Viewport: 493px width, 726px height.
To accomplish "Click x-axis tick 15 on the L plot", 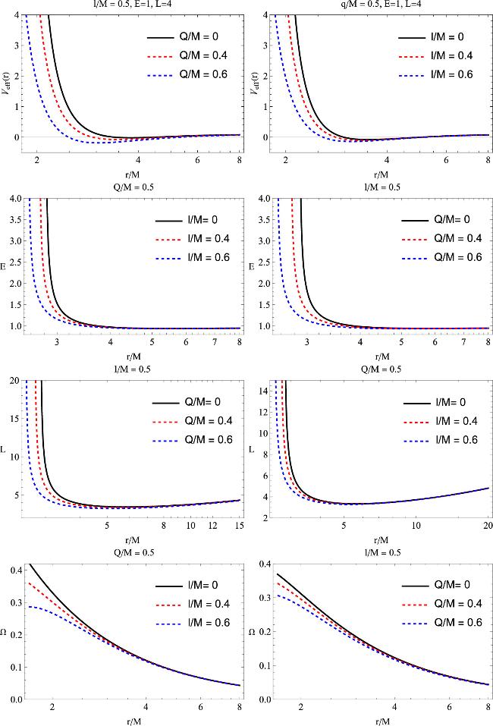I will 240,526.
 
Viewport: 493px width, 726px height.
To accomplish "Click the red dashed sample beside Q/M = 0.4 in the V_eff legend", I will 162,56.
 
